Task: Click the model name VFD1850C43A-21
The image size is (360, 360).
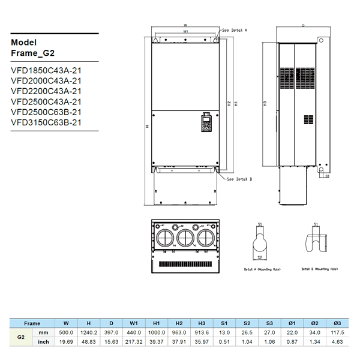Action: coord(46,70)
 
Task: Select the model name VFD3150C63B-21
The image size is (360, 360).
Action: coord(46,122)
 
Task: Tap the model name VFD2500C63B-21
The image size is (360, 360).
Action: coord(46,112)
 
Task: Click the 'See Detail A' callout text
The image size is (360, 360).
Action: coord(235,29)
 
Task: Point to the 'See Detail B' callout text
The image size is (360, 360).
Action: coord(239,179)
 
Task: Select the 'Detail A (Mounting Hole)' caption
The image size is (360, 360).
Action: coord(262,269)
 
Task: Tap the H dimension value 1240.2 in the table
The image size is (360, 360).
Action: coord(89,332)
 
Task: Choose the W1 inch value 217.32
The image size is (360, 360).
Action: coord(135,342)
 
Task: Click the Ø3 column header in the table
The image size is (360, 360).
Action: coord(337,323)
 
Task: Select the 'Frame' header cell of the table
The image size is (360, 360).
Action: coord(32,323)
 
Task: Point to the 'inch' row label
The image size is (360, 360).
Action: coord(43,342)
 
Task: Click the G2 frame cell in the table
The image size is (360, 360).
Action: coord(20,337)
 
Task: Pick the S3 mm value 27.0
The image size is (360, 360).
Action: coord(269,332)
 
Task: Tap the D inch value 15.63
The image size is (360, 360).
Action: coord(112,342)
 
